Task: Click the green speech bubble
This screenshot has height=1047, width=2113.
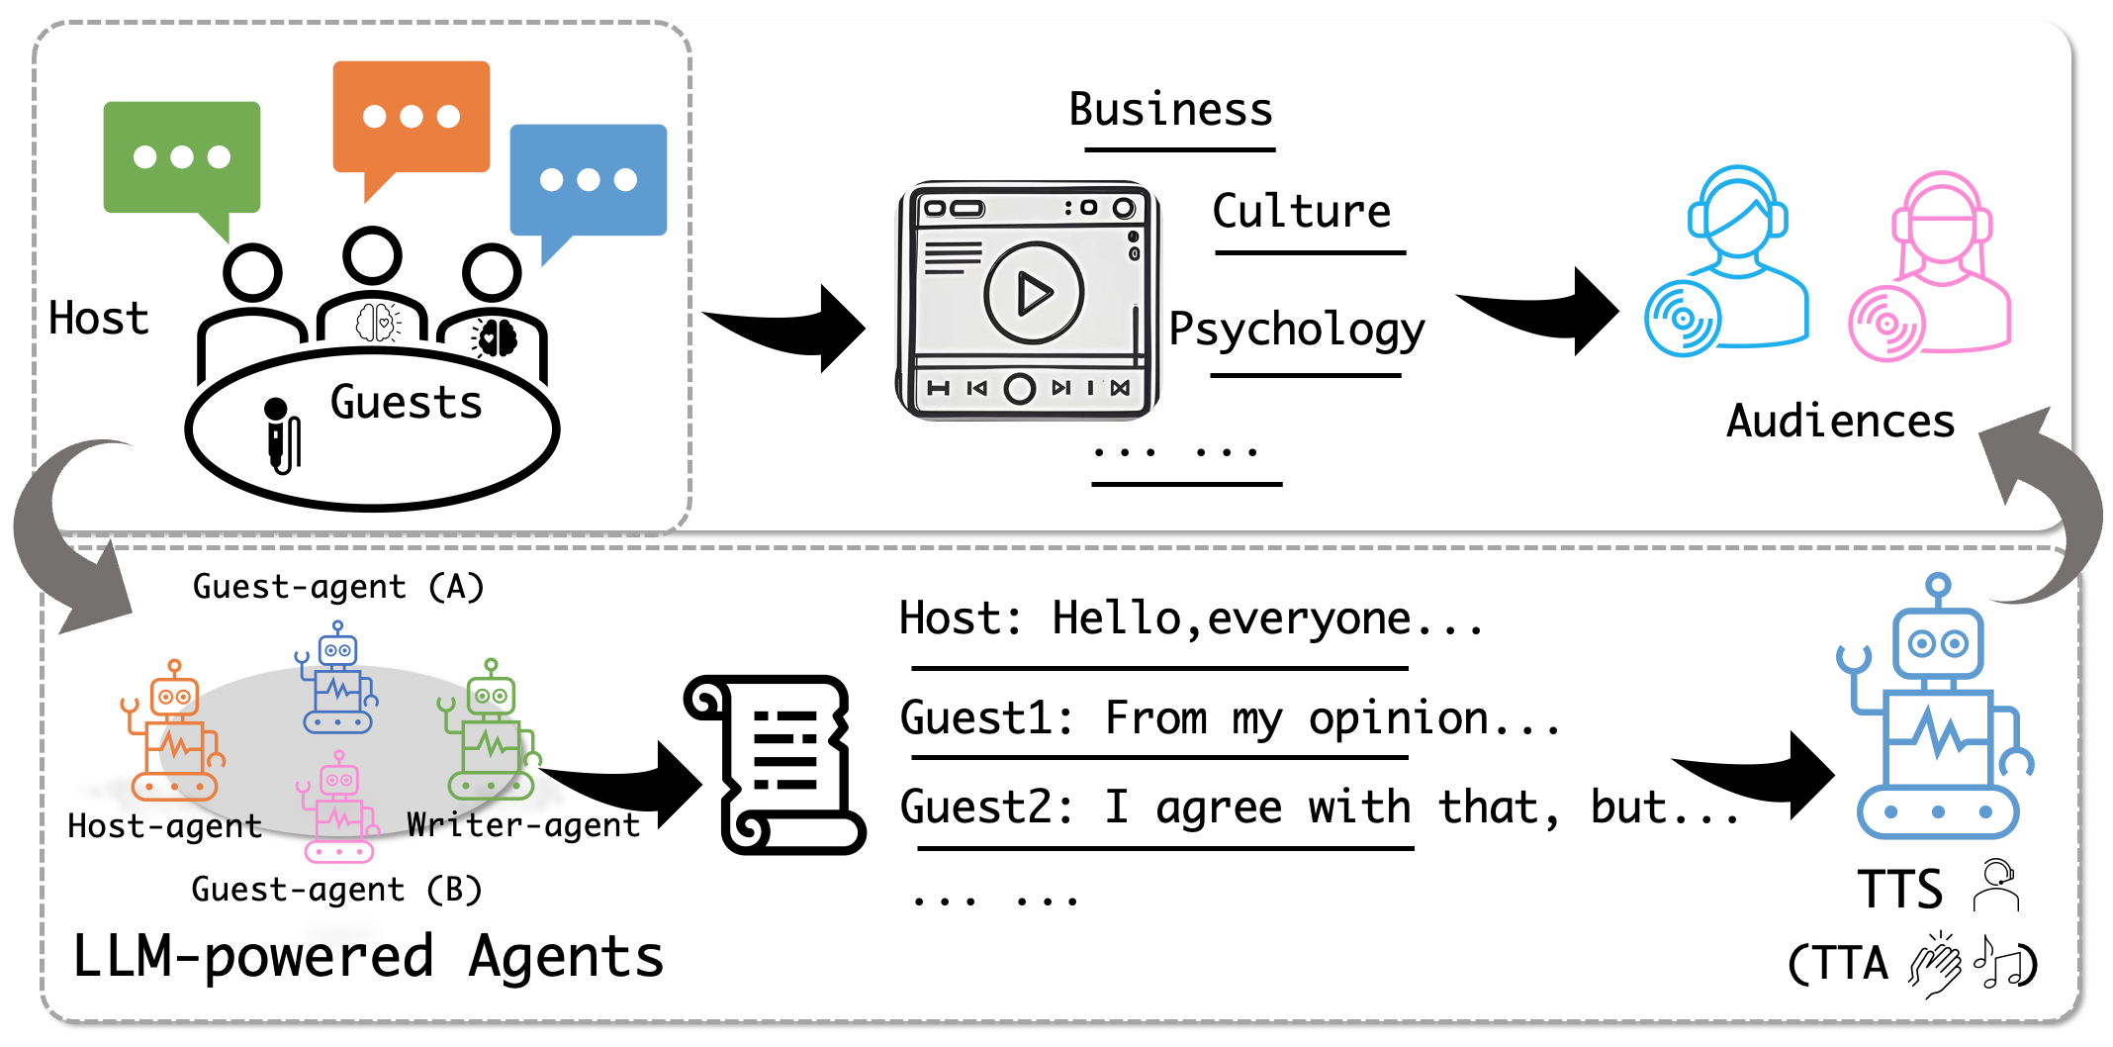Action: click(182, 158)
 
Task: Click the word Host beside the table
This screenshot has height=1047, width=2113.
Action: click(98, 319)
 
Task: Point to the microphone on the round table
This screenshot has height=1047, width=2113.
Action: click(282, 435)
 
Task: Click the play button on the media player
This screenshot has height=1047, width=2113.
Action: click(1034, 293)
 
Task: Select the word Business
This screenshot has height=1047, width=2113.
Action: click(1171, 109)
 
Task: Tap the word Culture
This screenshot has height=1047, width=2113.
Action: click(1302, 211)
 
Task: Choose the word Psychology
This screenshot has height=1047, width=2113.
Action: click(1297, 329)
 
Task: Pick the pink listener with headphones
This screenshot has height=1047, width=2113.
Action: click(1930, 265)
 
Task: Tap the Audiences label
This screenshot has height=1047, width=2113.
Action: click(1841, 421)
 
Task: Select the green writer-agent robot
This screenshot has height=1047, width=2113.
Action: click(489, 729)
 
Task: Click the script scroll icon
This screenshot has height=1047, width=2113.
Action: click(775, 765)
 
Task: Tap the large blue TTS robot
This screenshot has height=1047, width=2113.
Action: click(1936, 707)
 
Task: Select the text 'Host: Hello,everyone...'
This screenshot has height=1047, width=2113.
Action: click(1191, 619)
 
